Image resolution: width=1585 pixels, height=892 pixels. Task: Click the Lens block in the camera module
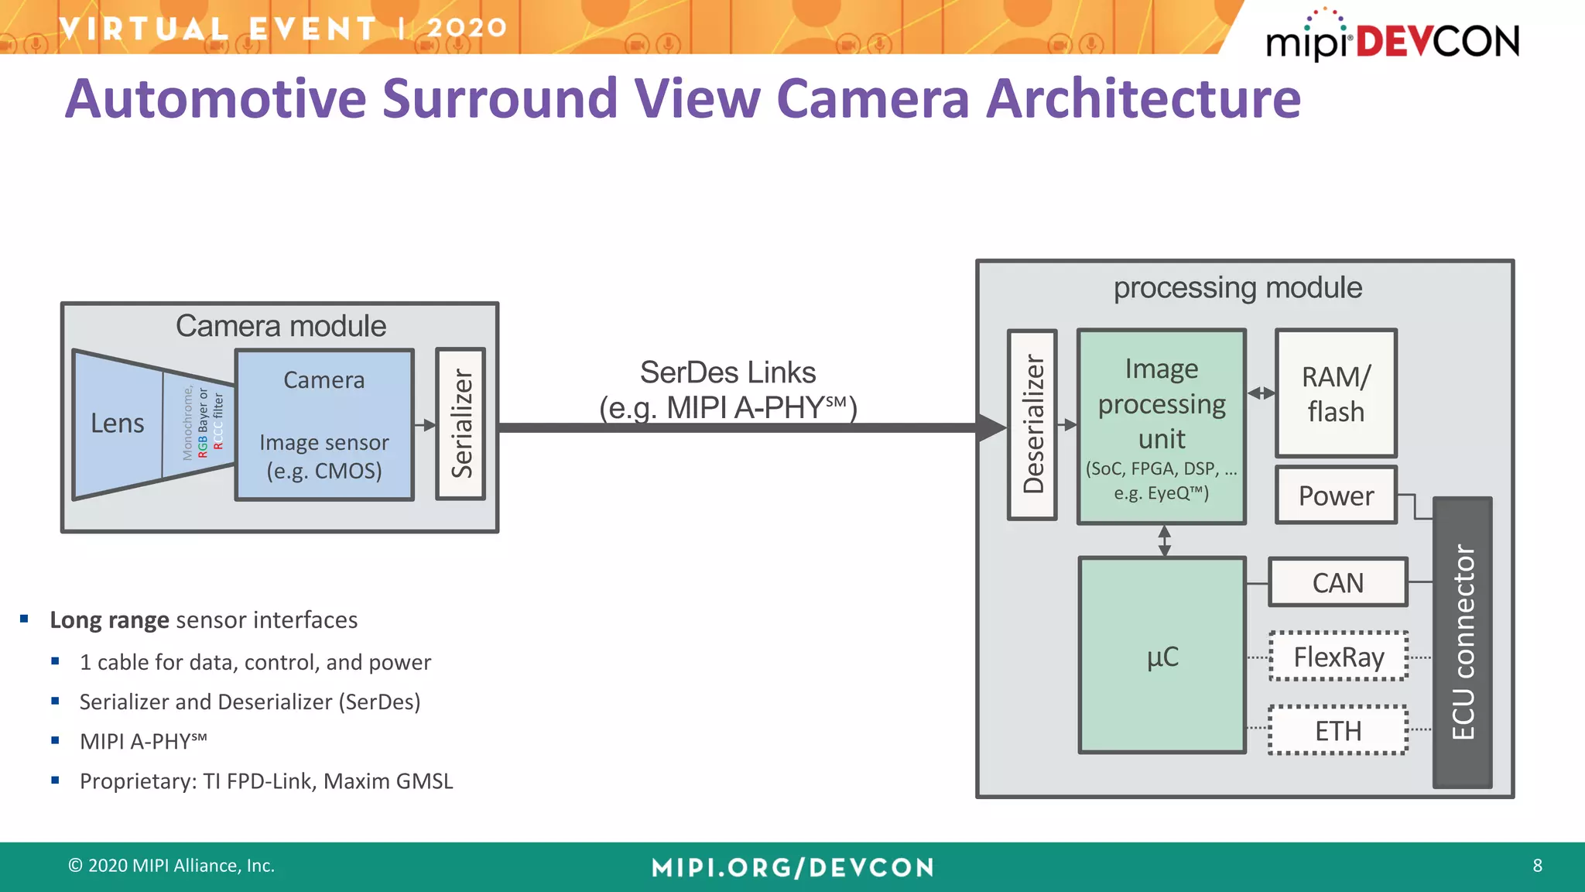(118, 424)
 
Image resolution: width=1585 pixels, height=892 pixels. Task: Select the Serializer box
(460, 424)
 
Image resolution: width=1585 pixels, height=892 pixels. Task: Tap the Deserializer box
(1032, 424)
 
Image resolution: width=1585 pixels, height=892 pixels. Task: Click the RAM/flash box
(1336, 393)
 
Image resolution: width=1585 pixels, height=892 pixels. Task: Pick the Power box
(1336, 496)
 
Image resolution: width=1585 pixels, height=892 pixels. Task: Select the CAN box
(1337, 582)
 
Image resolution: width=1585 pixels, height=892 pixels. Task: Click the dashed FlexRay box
(1338, 657)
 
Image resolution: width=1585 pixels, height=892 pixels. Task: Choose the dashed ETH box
(1338, 730)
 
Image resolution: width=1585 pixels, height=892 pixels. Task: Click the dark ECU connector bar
(1462, 643)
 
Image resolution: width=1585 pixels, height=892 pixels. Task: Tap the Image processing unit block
(1162, 426)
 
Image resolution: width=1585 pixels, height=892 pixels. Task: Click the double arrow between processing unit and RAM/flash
(1261, 393)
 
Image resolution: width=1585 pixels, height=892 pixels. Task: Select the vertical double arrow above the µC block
(1164, 540)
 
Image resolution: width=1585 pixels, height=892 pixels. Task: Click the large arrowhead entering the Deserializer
(991, 427)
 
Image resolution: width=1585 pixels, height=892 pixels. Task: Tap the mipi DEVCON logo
(1392, 39)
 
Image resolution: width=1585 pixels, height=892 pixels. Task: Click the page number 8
(1537, 866)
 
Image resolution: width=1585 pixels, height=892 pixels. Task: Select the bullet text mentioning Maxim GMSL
(266, 780)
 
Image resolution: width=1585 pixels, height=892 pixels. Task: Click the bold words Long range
(109, 620)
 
